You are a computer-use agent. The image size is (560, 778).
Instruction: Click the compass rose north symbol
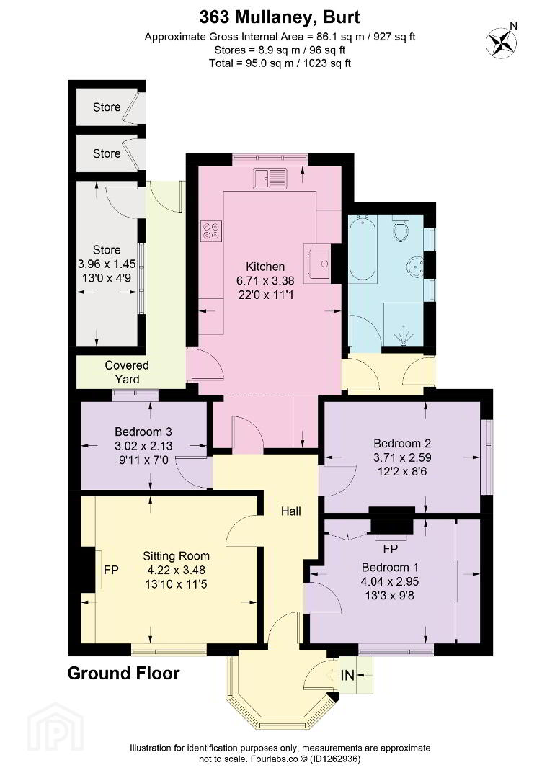502,41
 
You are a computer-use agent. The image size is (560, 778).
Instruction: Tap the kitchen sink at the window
270,178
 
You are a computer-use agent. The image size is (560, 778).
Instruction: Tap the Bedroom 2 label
402,443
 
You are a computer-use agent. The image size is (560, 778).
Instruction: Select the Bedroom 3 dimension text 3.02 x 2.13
143,446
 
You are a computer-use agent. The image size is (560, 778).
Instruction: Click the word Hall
291,511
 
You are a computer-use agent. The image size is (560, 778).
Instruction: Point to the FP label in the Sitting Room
111,570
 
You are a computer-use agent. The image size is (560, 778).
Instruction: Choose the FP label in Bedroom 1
390,549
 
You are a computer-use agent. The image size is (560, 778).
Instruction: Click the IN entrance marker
347,675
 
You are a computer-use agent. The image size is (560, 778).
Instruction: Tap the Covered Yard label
127,372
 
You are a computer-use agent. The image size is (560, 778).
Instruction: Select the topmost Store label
107,107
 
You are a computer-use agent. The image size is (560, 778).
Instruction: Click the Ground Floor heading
124,674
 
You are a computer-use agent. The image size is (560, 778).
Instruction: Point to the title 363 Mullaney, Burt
280,17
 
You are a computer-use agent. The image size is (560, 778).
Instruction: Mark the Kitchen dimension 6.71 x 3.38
265,281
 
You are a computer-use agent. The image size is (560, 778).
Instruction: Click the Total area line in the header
280,63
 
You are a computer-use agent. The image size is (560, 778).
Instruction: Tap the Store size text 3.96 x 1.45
107,264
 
